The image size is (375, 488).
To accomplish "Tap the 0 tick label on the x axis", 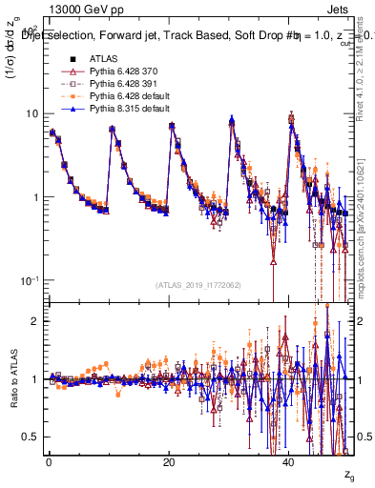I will tap(49, 462).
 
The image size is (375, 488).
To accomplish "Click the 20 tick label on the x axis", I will tap(169, 462).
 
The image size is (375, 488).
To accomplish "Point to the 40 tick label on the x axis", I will tap(290, 462).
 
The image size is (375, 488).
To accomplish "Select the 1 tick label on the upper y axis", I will tap(34, 197).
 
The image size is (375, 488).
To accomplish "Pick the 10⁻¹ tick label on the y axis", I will tap(30, 280).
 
